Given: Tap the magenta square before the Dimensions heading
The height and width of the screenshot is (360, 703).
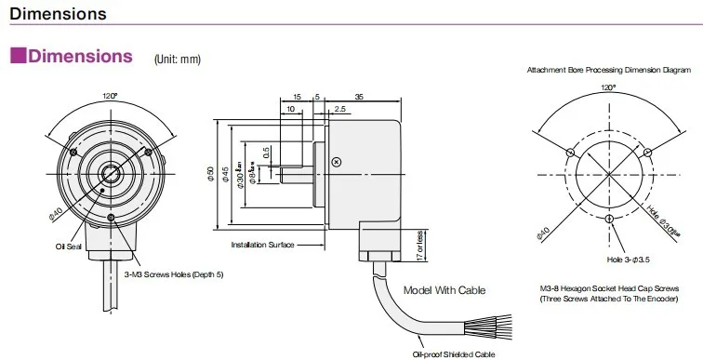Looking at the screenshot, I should pyautogui.click(x=18, y=57).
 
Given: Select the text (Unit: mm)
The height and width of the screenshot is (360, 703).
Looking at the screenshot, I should pyautogui.click(x=177, y=60).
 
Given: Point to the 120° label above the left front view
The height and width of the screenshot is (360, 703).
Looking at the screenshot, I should pyautogui.click(x=110, y=95).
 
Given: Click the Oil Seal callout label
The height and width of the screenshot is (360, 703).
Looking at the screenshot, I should pyautogui.click(x=70, y=247).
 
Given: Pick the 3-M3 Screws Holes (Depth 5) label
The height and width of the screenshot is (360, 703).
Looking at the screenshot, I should pyautogui.click(x=174, y=274).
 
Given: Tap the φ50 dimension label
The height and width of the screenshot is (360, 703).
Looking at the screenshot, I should pyautogui.click(x=211, y=174).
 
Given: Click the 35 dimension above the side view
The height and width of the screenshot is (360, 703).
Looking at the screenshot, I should pyautogui.click(x=359, y=96).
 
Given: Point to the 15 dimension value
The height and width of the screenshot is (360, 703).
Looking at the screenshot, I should pyautogui.click(x=297, y=96).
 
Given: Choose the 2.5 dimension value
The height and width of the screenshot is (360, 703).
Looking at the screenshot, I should pyautogui.click(x=340, y=110).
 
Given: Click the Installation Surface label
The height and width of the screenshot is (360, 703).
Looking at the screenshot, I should pyautogui.click(x=262, y=245).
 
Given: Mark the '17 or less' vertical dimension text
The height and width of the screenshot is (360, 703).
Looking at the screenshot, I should pyautogui.click(x=419, y=244).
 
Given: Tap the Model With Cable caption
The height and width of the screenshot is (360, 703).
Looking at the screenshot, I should pyautogui.click(x=445, y=289).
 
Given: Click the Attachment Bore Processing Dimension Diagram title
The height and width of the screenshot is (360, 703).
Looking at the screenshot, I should pyautogui.click(x=609, y=70).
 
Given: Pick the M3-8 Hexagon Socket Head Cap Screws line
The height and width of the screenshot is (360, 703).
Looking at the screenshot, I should pyautogui.click(x=609, y=290).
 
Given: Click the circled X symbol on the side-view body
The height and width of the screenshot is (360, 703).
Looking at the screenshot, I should pyautogui.click(x=337, y=163).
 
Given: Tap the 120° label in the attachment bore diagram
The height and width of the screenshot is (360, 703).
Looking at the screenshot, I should pyautogui.click(x=609, y=87).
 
